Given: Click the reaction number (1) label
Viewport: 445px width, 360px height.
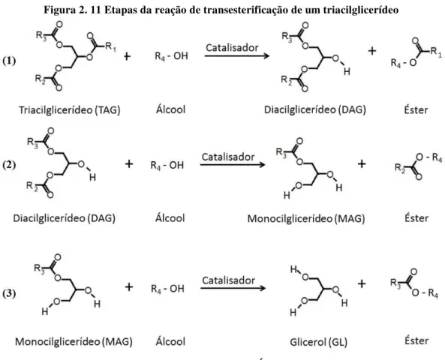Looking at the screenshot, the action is pyautogui.click(x=9, y=61).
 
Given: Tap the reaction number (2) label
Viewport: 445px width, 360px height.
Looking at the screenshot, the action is pyautogui.click(x=9, y=165).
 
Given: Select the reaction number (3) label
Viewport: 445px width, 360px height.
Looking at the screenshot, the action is pyautogui.click(x=9, y=293).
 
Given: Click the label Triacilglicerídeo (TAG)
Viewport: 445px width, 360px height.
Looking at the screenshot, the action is pyautogui.click(x=70, y=109).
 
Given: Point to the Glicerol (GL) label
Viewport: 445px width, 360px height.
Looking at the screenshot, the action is pyautogui.click(x=318, y=342).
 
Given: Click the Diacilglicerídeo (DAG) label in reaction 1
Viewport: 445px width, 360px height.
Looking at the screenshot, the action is pyautogui.click(x=315, y=109).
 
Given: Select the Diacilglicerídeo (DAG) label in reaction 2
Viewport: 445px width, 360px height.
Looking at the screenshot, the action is pyautogui.click(x=64, y=218).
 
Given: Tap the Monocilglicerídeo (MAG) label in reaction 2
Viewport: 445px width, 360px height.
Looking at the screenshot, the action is pyautogui.click(x=306, y=218).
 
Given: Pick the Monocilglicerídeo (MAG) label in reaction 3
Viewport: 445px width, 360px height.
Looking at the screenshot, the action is pyautogui.click(x=74, y=341).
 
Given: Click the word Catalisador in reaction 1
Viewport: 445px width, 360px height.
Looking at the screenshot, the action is pyautogui.click(x=232, y=48).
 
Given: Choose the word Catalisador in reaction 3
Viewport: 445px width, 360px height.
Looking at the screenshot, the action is pyautogui.click(x=228, y=280).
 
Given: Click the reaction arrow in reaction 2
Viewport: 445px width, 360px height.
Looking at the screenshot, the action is pyautogui.click(x=233, y=164).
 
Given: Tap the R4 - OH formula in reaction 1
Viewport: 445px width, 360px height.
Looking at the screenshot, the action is pyautogui.click(x=171, y=56).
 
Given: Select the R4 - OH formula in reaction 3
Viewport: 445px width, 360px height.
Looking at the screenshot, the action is pyautogui.click(x=167, y=289).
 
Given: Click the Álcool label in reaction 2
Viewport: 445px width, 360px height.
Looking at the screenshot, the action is pyautogui.click(x=170, y=218).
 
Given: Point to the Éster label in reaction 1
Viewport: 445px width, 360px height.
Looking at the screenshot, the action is pyautogui.click(x=416, y=109).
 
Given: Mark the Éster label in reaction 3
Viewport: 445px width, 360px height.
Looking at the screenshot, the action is pyautogui.click(x=416, y=340).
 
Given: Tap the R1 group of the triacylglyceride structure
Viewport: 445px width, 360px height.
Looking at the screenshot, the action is pyautogui.click(x=110, y=46).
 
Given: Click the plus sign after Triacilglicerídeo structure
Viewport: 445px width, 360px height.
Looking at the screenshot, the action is pyautogui.click(x=127, y=56).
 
